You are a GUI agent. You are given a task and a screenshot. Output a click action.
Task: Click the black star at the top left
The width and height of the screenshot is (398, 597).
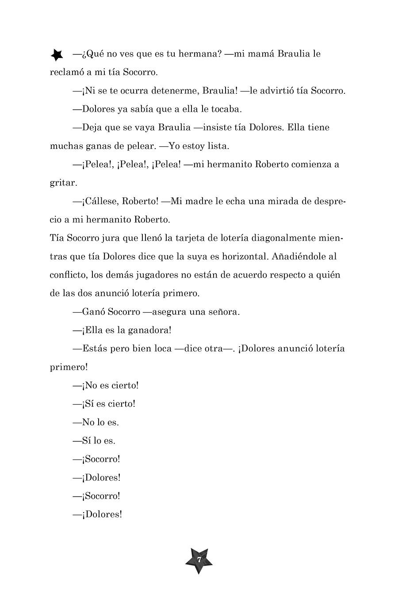(x=57, y=55)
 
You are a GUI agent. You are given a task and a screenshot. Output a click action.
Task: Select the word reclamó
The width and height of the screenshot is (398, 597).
(x=68, y=72)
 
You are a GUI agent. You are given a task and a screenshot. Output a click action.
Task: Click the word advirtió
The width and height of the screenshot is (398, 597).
(x=279, y=91)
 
